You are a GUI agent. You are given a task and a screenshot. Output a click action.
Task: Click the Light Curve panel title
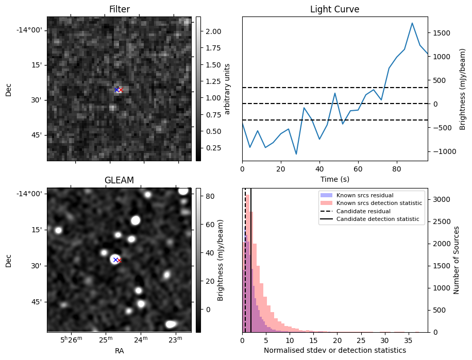pos(334,9)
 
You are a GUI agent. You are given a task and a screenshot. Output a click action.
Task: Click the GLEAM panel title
pos(119,180)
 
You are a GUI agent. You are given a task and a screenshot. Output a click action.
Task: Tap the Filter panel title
pos(119,9)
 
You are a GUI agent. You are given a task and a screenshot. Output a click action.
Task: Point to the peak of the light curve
pos(412,23)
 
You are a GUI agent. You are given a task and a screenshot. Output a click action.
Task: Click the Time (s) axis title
pos(334,178)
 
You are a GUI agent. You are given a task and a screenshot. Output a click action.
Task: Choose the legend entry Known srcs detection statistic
pos(379,203)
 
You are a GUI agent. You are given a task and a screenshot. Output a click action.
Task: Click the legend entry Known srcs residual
pos(365,195)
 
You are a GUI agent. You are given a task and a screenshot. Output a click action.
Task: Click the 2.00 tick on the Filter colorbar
pos(210,31)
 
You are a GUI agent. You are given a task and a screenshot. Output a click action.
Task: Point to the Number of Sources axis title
pos(457,260)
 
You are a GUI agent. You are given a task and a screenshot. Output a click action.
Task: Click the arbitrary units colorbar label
pos(227,89)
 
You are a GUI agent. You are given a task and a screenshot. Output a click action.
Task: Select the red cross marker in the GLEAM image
pos(119,260)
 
